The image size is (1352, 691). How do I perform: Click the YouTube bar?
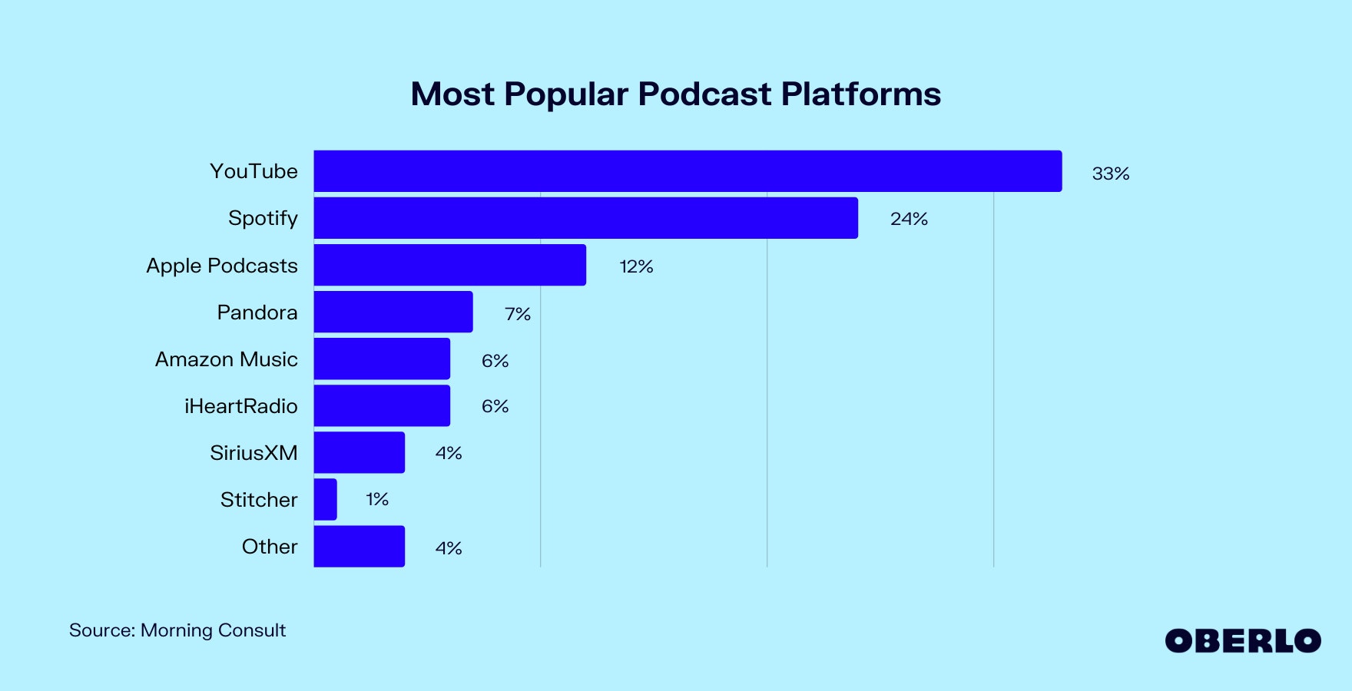(688, 171)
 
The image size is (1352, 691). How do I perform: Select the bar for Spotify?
(585, 218)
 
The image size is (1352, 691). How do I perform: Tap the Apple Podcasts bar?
(449, 265)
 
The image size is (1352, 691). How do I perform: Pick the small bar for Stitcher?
(325, 499)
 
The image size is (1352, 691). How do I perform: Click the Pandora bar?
(393, 312)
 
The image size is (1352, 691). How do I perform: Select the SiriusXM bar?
(359, 452)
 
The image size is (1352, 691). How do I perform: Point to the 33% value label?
(1110, 174)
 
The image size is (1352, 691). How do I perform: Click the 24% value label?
(909, 219)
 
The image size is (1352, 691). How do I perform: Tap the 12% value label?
(636, 266)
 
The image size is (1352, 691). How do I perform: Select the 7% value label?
(518, 314)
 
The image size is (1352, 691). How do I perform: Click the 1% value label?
(376, 500)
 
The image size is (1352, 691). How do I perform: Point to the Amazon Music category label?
(226, 359)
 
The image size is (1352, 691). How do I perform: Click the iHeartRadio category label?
(240, 406)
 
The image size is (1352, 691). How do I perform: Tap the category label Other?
(269, 547)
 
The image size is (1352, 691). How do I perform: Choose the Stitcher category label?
(258, 500)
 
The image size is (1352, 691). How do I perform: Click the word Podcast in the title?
(704, 94)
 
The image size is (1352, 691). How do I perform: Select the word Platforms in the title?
(860, 94)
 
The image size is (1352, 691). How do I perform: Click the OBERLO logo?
(1242, 641)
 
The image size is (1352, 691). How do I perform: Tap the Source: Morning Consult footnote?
(177, 630)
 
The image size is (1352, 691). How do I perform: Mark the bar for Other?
(359, 546)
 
